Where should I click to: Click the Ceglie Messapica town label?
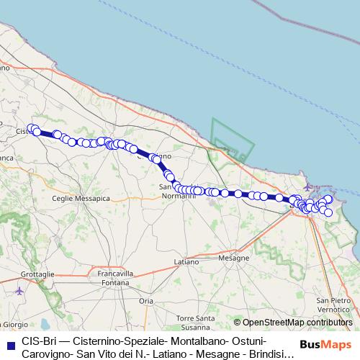tap(83, 197)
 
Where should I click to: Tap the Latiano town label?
tap(187, 261)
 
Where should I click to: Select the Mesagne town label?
tap(233, 257)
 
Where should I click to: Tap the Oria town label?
tap(147, 300)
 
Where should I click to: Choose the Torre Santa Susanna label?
tap(196, 321)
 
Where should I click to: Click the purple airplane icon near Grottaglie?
tap(18, 291)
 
